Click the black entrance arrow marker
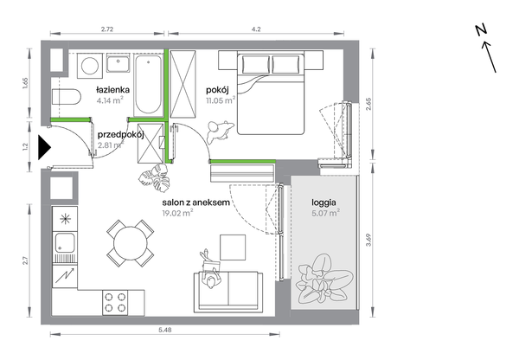pos(44,147)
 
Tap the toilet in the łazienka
pos(67,97)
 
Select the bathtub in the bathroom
pos(148,86)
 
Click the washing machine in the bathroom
pos(90,66)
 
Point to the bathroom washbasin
pos(119,63)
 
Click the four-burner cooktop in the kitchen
pos(115,303)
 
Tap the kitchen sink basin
pos(65,242)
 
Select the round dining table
pos(131,243)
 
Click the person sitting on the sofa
pos(210,270)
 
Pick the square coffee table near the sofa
pos(233,247)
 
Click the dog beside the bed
pos(220,132)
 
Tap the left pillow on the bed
pos(256,64)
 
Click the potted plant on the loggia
pos(324,278)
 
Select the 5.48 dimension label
pos(165,330)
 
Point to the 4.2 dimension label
pos(256,29)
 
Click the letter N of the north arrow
pos(481,30)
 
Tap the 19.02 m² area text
pos(177,213)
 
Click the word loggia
pos(324,202)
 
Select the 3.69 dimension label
pos(369,240)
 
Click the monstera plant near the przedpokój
pos(155,177)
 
